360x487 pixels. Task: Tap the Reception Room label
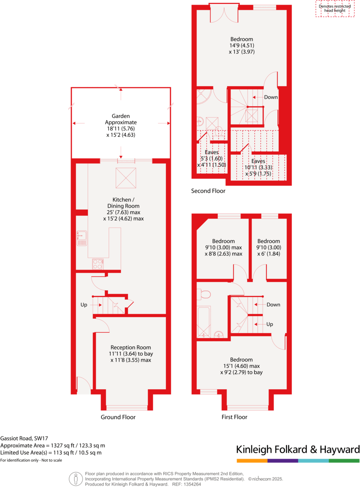131,353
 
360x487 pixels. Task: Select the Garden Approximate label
121,125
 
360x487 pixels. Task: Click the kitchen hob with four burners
98,264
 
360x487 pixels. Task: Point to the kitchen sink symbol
81,238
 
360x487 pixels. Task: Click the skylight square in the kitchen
126,177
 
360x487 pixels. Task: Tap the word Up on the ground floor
84,305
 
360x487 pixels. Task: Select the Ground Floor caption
118,417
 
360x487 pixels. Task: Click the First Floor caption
234,417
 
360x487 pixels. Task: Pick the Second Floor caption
208,191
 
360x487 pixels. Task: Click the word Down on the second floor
271,97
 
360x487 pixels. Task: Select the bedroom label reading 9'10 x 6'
269,247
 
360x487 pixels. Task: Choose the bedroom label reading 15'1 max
241,366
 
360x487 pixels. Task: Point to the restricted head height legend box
334,9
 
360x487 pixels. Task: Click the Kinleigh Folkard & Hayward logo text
297,450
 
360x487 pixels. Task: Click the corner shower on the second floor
203,96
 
